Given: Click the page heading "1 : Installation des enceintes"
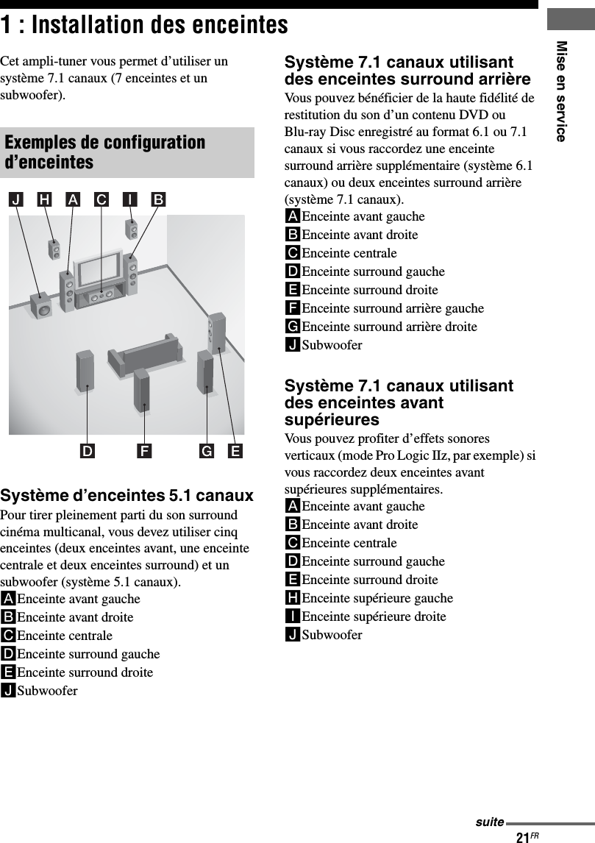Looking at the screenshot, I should [x=145, y=25].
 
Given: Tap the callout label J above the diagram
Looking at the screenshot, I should [x=16, y=199].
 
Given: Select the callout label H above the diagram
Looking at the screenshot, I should [x=46, y=199].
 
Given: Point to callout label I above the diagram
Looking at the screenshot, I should [x=129, y=199].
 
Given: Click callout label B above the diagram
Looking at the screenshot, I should [x=159, y=199].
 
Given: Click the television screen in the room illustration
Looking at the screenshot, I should [x=102, y=269].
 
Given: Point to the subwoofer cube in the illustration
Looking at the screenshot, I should [x=41, y=306].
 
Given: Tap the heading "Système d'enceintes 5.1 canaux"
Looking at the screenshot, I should [x=127, y=496].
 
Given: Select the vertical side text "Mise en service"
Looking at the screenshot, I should [x=562, y=91].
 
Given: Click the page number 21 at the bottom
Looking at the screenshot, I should [x=523, y=837].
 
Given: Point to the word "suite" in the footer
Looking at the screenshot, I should [x=489, y=822].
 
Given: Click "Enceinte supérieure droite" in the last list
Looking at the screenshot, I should [x=374, y=616].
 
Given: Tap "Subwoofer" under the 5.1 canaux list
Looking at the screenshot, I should [x=47, y=691].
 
